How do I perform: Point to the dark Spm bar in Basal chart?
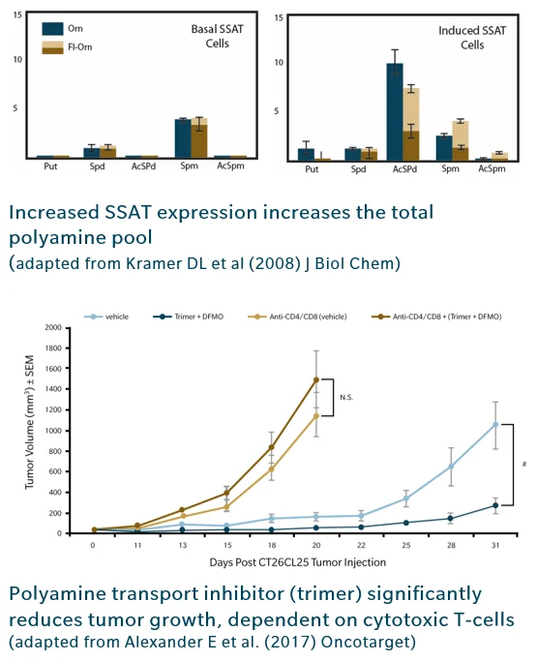pos(182,138)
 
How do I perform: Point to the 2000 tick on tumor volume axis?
pos(59,328)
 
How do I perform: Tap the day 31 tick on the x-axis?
pos(496,546)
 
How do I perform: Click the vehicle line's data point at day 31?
pos(496,424)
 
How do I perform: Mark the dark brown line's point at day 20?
pos(315,379)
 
